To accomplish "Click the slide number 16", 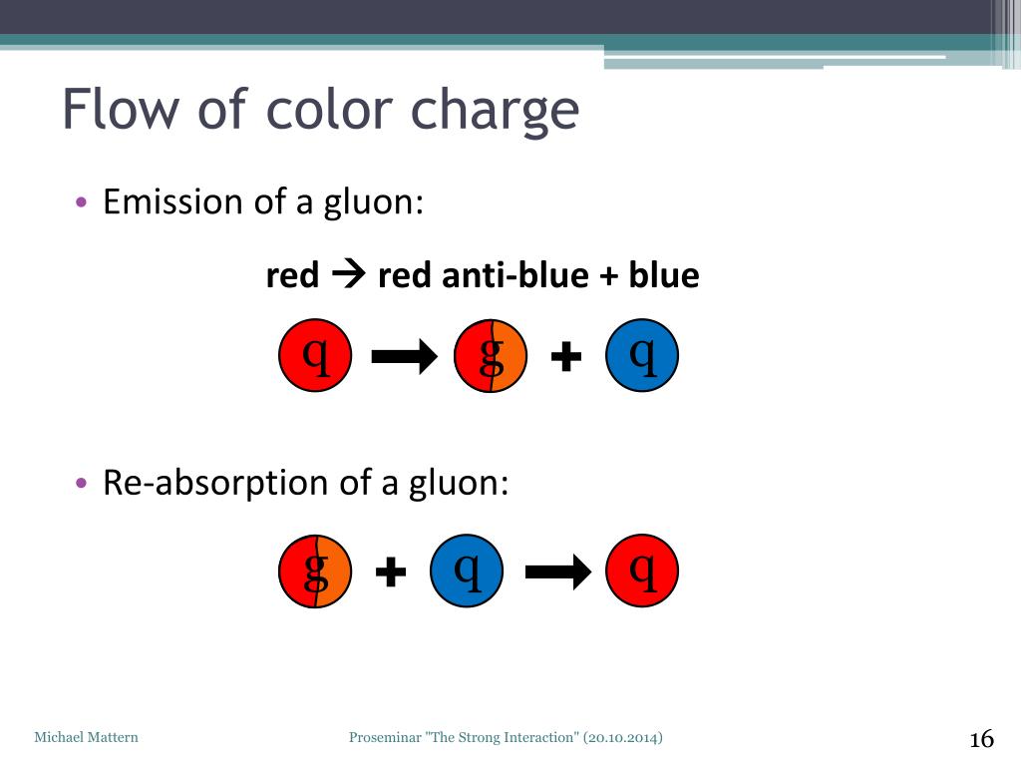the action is (982, 739).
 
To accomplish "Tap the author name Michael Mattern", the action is (86, 737).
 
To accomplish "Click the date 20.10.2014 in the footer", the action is (623, 737).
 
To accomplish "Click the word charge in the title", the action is (495, 113).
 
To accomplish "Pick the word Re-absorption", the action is (215, 483).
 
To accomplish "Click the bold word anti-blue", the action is (515, 275).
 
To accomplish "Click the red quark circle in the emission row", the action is (315, 355).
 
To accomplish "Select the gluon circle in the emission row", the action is (491, 356).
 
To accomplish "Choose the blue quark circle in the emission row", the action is (642, 355).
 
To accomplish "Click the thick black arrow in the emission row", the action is (405, 356).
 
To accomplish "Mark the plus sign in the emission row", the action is (566, 356).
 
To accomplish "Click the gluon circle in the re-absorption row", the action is (315, 572).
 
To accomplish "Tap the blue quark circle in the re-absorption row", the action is (467, 571).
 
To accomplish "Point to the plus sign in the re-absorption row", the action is (391, 572).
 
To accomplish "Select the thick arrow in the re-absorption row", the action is (558, 572).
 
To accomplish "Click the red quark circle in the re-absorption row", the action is (642, 571).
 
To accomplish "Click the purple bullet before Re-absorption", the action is (81, 484).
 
